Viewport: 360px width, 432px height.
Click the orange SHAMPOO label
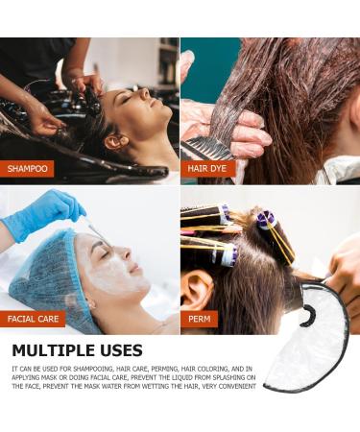click(27, 169)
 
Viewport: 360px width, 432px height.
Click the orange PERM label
click(199, 318)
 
